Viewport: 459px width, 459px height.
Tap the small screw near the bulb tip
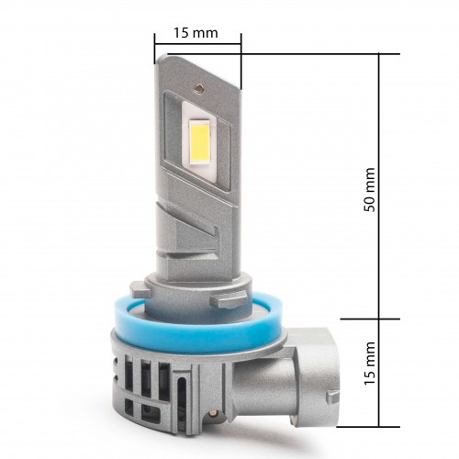click(198, 87)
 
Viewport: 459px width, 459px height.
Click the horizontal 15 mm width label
click(196, 33)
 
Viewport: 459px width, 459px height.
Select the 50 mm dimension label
click(369, 190)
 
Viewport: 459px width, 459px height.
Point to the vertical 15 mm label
click(369, 364)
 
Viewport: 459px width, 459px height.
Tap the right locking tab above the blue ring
click(229, 300)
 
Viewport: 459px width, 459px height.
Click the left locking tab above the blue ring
click(140, 290)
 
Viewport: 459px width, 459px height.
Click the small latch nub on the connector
click(332, 397)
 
